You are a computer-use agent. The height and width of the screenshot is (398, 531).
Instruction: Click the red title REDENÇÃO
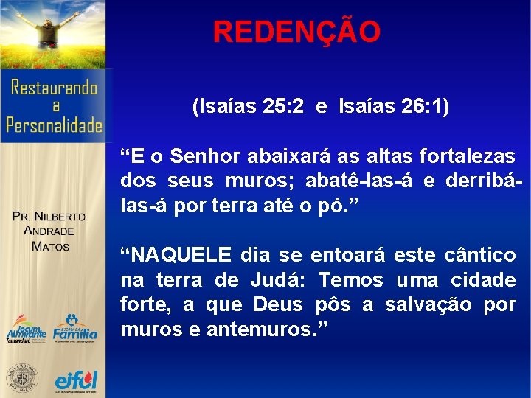296,32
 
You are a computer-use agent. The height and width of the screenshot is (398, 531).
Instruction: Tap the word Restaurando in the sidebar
55,89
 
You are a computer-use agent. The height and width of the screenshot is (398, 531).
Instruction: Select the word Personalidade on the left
55,125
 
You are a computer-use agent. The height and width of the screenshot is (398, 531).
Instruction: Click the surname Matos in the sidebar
50,245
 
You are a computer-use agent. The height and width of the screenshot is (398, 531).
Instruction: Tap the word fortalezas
468,156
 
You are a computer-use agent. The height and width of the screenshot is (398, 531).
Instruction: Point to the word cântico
480,256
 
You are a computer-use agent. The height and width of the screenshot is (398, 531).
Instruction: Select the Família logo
74,330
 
